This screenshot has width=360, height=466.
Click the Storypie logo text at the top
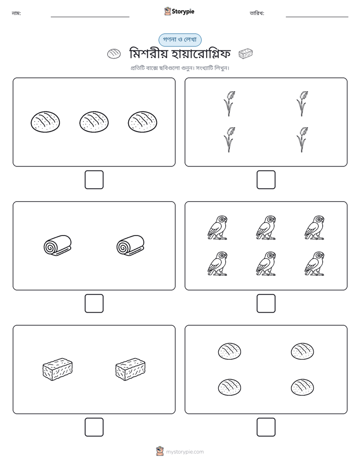tap(183, 12)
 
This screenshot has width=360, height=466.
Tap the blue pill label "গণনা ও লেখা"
tap(180, 40)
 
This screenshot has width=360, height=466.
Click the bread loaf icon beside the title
tap(114, 54)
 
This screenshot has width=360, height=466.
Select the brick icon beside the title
tap(246, 54)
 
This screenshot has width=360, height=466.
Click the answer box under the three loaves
tap(94, 180)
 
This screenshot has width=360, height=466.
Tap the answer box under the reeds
tap(266, 180)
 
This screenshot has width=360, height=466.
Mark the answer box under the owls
tap(266, 304)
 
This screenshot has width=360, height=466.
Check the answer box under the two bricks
tap(94, 427)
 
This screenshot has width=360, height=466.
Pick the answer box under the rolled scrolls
tap(94, 304)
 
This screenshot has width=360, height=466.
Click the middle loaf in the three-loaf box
tap(94, 122)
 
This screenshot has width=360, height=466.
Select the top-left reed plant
tap(229, 103)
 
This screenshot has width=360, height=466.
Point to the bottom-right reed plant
tap(302, 140)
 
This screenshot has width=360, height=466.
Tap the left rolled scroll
tap(57, 245)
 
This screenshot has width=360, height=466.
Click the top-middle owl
tap(266, 227)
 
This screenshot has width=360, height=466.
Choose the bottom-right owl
tap(315, 264)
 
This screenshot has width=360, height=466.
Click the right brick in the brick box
tap(131, 369)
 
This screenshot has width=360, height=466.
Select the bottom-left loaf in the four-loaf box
tap(229, 387)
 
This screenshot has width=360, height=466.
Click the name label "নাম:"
tap(16, 14)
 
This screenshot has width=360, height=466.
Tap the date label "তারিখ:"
tap(257, 14)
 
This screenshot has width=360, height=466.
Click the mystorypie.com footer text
tap(185, 452)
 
